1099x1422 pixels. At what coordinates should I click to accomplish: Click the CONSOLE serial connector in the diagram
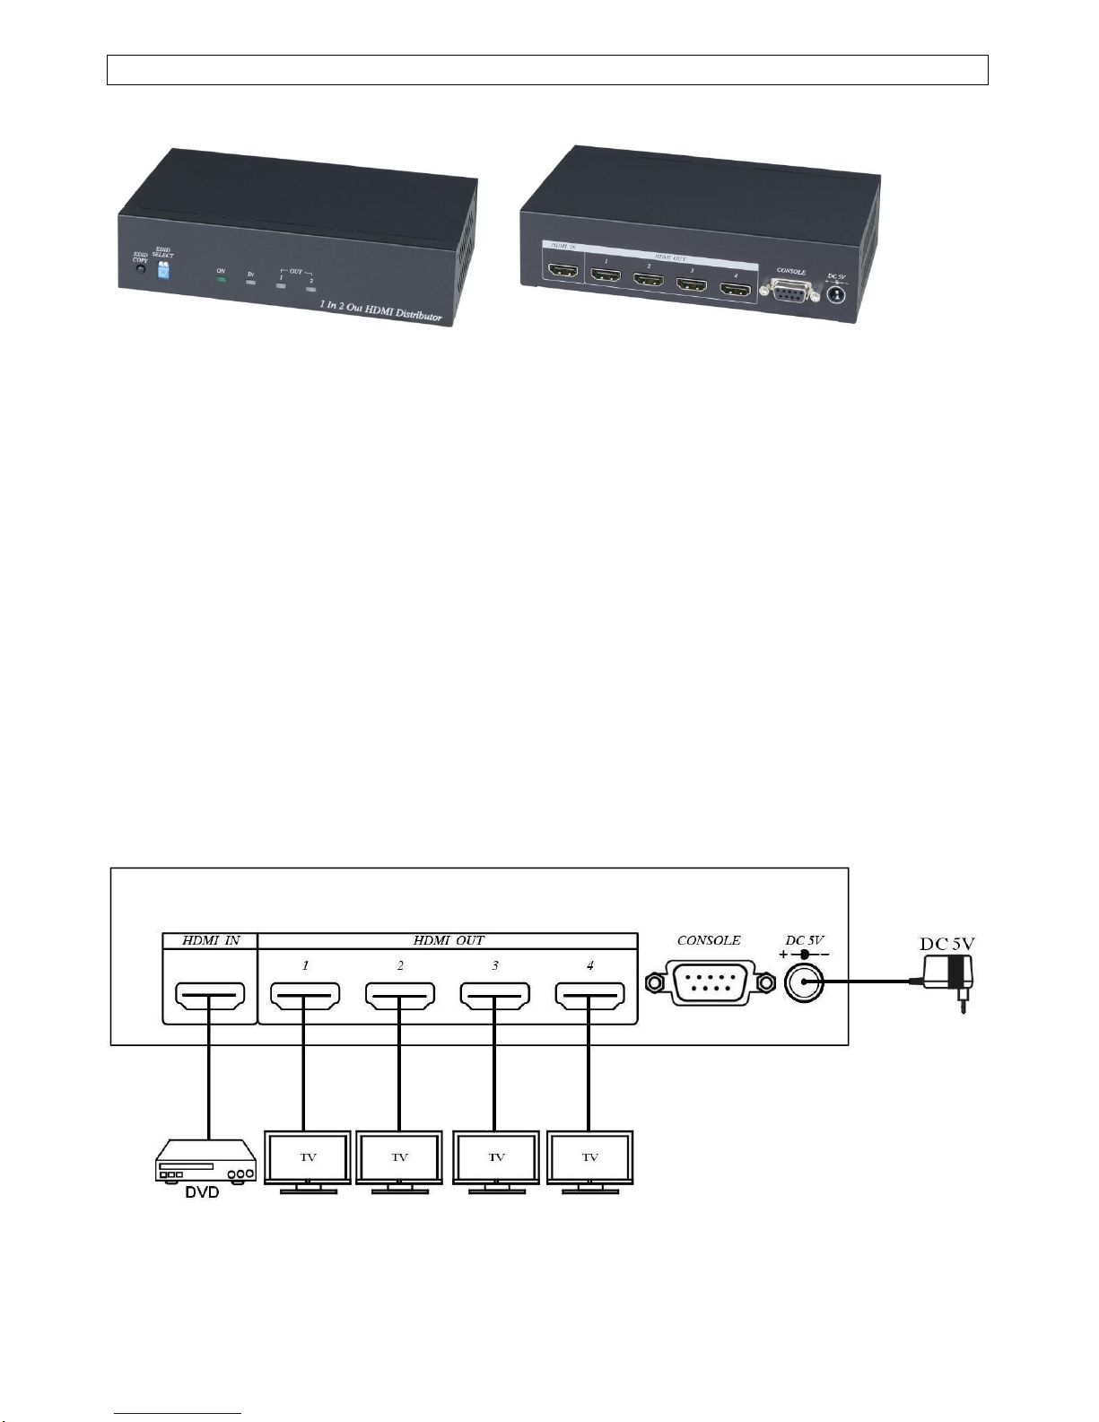[x=709, y=984]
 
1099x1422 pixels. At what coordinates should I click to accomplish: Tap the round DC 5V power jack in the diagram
[x=804, y=984]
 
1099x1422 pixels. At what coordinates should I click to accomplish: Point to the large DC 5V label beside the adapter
[x=947, y=944]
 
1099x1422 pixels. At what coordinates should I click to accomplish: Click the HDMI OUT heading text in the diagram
[x=449, y=940]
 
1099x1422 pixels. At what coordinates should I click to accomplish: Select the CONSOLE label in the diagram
[x=709, y=940]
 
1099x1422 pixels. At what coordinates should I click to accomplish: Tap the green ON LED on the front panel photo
[x=221, y=279]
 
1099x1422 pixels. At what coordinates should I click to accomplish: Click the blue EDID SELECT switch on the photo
[x=163, y=270]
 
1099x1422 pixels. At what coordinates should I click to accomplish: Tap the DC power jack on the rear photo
[x=836, y=292]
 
